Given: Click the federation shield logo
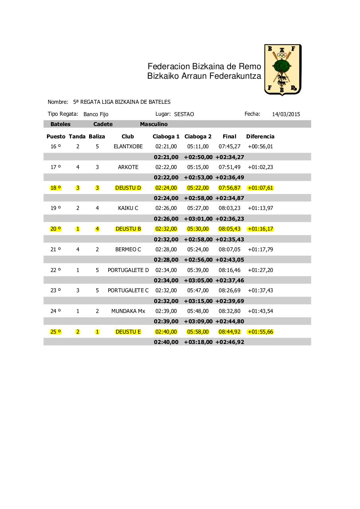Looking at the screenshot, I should (283, 70).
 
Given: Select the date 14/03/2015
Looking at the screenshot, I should (286, 114).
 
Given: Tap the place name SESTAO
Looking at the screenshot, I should (184, 114).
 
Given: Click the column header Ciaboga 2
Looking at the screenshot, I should (198, 136).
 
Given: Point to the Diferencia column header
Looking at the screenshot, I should (260, 136).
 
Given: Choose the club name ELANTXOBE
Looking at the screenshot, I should (128, 146).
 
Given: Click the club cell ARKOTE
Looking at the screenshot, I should (128, 167).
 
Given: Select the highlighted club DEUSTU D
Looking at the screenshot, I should (128, 188).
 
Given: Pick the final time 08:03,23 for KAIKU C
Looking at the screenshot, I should (230, 208).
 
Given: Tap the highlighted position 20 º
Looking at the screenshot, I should (56, 229).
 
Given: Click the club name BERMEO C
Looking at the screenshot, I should (128, 249).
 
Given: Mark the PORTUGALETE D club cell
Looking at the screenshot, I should (128, 270).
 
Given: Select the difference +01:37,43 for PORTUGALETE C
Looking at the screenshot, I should (260, 290).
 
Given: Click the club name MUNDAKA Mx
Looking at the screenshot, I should (128, 311).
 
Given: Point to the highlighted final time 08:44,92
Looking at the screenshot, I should (230, 332).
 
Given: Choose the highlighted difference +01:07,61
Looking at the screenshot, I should (260, 188).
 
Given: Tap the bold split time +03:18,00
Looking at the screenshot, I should (198, 342).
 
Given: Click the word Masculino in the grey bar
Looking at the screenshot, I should (154, 124).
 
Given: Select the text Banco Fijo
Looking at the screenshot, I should (96, 114).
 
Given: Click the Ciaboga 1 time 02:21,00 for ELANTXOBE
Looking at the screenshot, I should (166, 146).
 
